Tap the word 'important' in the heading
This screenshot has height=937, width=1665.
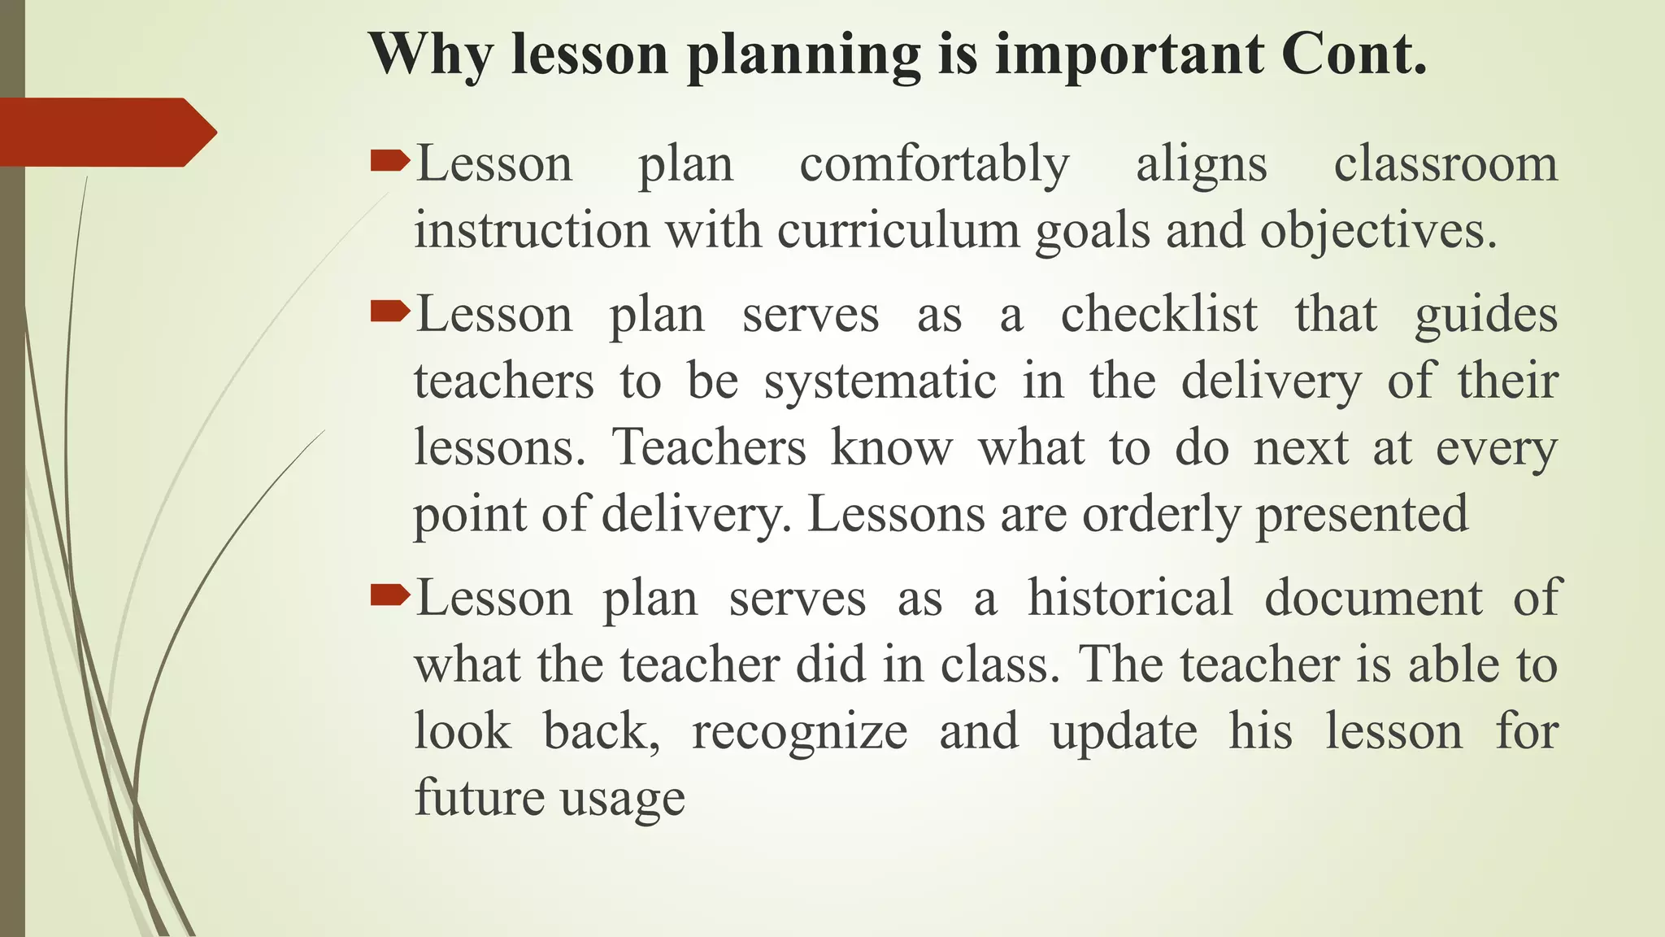(x=1129, y=55)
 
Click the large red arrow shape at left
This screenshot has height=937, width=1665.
(x=106, y=132)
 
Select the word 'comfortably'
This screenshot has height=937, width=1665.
(x=934, y=165)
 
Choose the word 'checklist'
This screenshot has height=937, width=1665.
(x=1159, y=314)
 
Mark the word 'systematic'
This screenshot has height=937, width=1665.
(x=880, y=382)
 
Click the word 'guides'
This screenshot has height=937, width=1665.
(x=1486, y=316)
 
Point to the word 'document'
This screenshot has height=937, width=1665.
(x=1373, y=598)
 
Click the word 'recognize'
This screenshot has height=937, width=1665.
(x=799, y=732)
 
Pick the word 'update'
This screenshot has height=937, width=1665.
(x=1124, y=732)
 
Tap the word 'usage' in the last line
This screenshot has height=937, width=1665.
(x=623, y=799)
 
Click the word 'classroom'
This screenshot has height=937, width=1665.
(x=1445, y=164)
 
